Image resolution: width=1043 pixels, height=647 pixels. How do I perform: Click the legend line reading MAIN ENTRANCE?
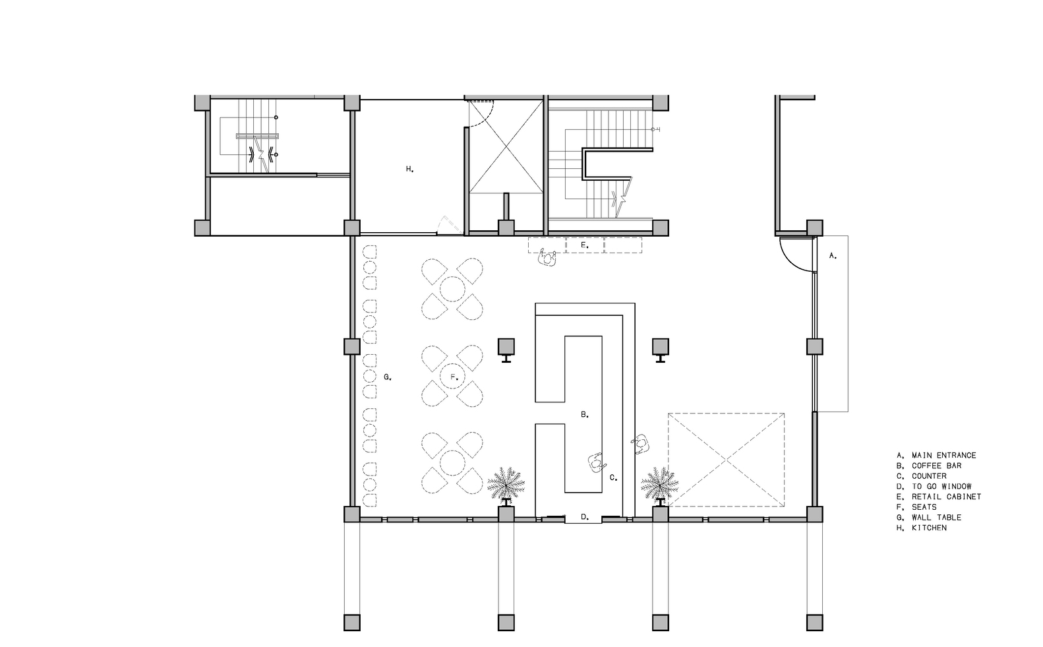pos(936,456)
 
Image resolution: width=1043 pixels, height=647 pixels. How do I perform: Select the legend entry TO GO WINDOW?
pos(934,487)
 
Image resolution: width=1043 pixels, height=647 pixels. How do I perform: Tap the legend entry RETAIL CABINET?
pos(939,497)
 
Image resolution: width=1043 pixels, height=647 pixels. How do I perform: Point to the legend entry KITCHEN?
pos(922,528)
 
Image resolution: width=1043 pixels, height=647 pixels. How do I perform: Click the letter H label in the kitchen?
pos(410,169)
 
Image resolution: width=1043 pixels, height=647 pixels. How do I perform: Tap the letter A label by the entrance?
pos(833,256)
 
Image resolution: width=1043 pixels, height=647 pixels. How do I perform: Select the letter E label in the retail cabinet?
pos(585,245)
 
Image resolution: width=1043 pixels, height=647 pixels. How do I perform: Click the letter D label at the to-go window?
pos(585,517)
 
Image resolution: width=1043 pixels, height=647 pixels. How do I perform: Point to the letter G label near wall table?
pos(388,377)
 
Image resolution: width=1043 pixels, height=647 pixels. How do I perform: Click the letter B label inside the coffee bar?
pos(585,415)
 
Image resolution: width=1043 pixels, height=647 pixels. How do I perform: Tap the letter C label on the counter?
pos(614,478)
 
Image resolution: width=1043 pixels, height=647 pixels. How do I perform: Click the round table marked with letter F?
pos(452,377)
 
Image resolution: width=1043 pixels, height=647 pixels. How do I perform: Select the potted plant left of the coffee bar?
pos(506,485)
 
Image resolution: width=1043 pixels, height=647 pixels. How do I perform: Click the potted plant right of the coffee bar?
pos(660,485)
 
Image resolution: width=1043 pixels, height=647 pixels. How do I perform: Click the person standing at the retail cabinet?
pos(548,258)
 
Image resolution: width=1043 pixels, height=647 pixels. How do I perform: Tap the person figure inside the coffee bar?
pos(597,462)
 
